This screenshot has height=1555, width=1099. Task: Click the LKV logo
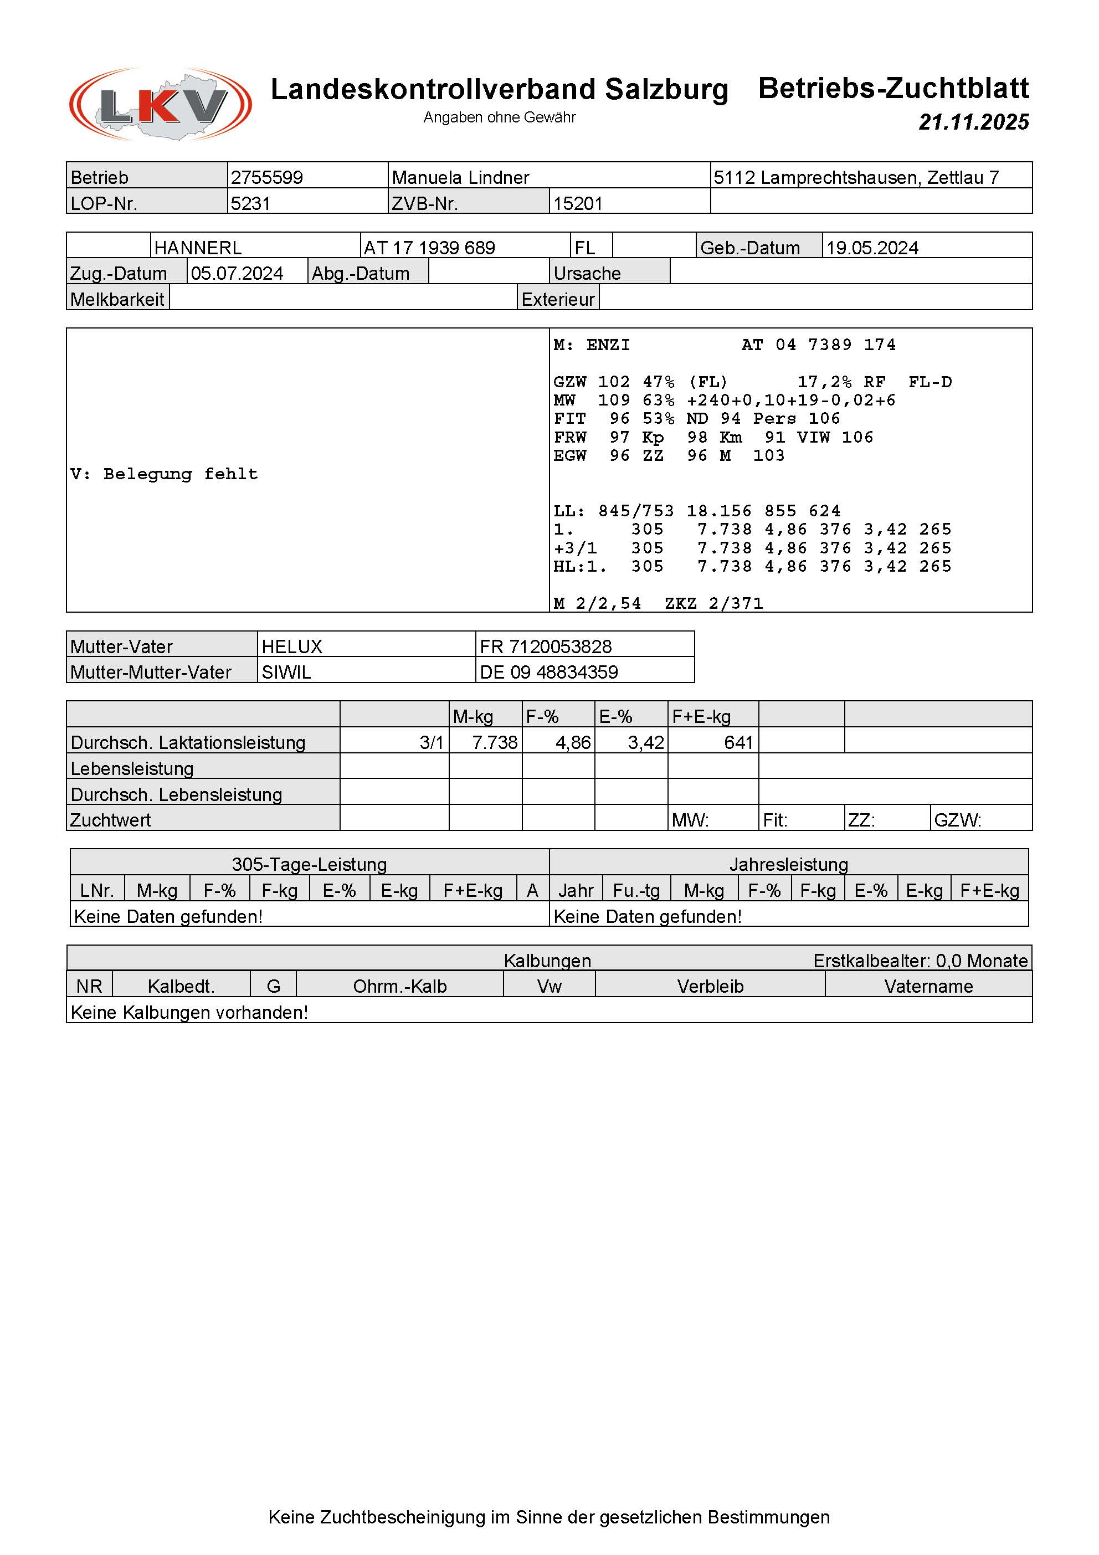click(161, 104)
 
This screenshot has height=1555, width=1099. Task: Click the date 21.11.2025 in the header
click(973, 122)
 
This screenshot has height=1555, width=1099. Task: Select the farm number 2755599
click(267, 177)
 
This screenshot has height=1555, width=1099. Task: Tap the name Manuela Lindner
click(460, 177)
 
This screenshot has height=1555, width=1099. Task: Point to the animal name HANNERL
click(198, 248)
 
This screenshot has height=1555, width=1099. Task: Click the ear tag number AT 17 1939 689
click(429, 248)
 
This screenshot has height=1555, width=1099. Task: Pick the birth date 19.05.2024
click(872, 248)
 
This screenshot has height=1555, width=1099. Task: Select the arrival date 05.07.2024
click(237, 274)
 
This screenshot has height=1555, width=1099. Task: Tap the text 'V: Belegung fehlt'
click(164, 474)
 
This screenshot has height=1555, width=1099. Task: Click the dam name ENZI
click(608, 345)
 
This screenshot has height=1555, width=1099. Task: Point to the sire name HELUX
click(292, 647)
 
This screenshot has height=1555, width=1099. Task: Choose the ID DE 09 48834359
click(548, 673)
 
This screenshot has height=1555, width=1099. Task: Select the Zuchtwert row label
click(110, 820)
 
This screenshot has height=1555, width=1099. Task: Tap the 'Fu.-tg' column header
click(636, 891)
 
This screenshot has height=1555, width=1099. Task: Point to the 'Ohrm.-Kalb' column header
click(399, 987)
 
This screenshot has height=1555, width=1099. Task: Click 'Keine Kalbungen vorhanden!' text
click(189, 1013)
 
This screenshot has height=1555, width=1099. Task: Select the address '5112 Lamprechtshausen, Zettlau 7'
click(856, 177)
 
